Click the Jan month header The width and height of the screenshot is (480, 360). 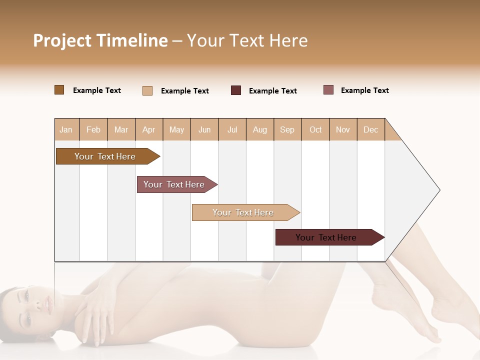(x=66, y=129)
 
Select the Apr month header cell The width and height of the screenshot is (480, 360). (x=149, y=129)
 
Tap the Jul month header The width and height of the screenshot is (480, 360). (x=232, y=129)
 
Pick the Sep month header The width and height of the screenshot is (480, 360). (x=287, y=129)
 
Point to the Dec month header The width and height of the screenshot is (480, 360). (x=370, y=129)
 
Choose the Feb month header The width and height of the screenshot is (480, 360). (x=93, y=129)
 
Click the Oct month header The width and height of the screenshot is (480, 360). (x=315, y=129)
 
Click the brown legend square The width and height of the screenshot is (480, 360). (x=59, y=90)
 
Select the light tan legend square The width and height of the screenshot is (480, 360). (x=147, y=90)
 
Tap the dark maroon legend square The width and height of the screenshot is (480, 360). (x=236, y=90)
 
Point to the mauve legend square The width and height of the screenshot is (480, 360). (x=328, y=90)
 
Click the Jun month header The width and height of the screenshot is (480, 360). (x=204, y=129)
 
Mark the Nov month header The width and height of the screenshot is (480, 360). (x=343, y=129)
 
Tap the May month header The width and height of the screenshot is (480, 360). (x=176, y=129)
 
